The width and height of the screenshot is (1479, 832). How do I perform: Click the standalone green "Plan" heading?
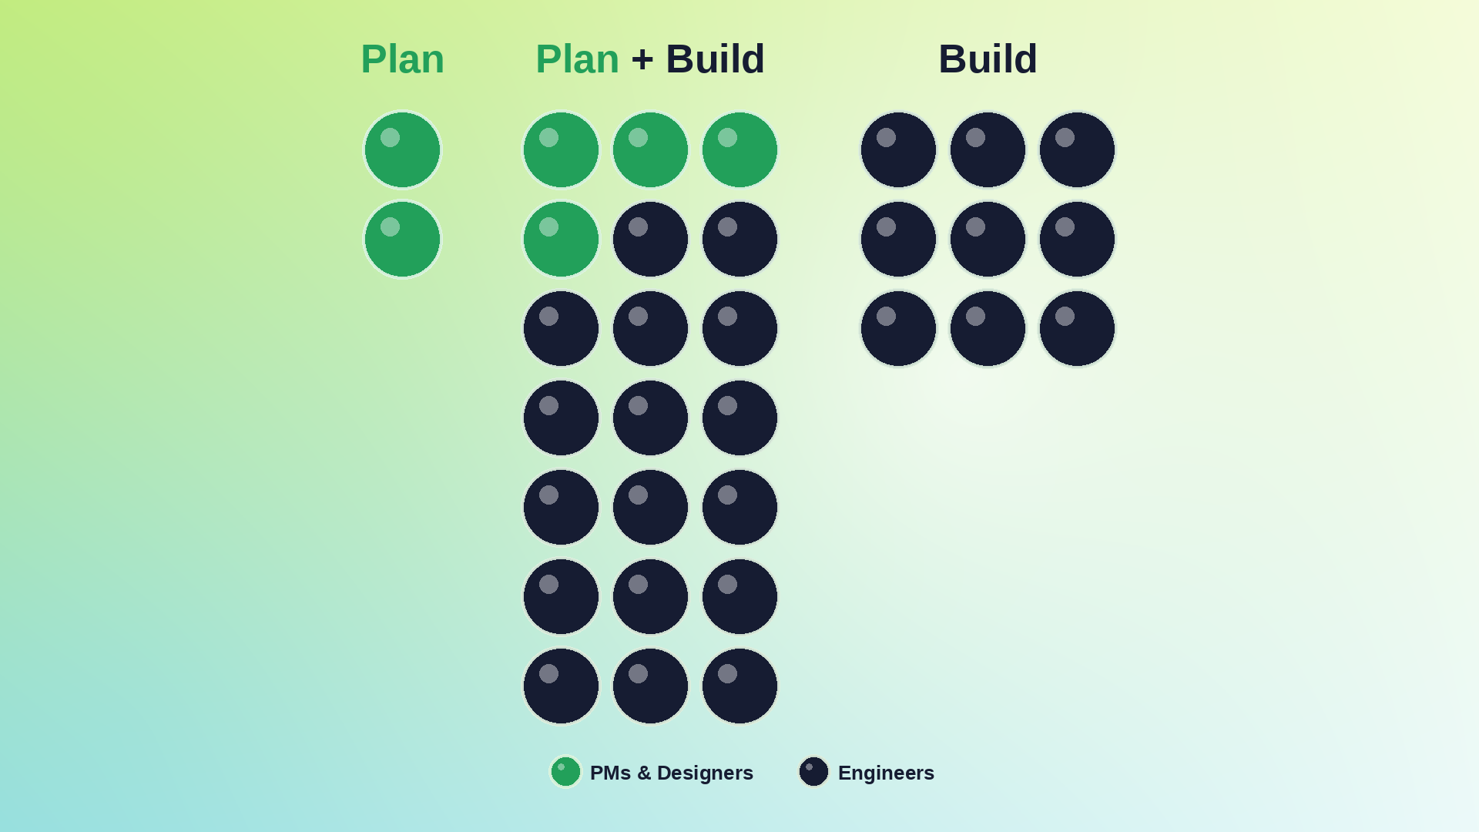402,59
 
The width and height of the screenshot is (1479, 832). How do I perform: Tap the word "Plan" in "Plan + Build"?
577,59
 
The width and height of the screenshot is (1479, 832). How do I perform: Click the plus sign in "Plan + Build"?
642,60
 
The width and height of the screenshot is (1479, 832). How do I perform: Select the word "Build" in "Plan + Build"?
715,59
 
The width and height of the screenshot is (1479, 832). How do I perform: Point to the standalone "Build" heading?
988,59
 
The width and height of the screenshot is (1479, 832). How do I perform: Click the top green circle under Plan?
402,149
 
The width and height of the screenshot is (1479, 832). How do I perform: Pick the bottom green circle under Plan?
402,239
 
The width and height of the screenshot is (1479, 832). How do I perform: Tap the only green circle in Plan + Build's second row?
561,239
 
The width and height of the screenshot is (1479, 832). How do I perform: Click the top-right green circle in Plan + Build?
739,149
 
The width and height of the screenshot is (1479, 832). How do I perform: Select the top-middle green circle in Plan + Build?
650,149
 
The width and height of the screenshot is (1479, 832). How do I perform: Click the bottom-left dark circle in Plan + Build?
561,686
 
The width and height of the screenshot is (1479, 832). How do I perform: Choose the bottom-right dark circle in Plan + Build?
739,686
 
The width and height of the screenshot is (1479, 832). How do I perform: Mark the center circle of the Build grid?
988,239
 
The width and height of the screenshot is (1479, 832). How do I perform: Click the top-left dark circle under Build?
898,149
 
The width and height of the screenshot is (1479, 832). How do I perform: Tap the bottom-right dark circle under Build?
1077,328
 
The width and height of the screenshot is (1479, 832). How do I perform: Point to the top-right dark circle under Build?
1077,149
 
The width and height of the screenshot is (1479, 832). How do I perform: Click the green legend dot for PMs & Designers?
565,772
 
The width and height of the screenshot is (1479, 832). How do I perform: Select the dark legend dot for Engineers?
813,772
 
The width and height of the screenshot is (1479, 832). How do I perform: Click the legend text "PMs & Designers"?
671,773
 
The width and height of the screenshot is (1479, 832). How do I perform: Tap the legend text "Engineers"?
886,773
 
